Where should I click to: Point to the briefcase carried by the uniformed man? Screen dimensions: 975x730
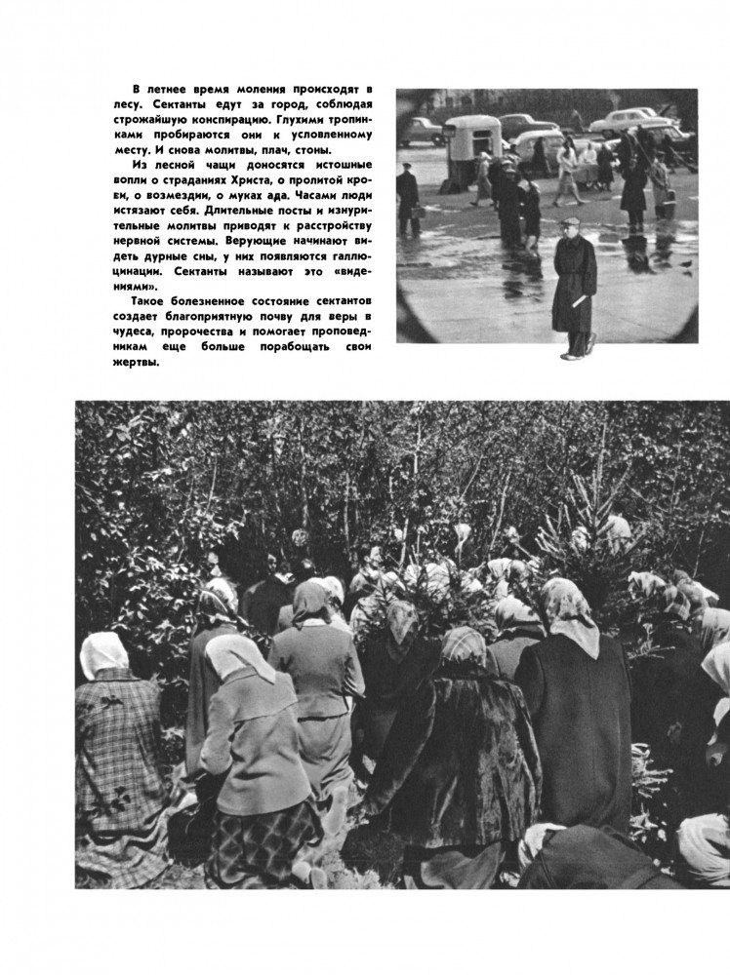coord(409,214)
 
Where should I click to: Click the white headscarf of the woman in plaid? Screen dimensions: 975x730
coord(103,654)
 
